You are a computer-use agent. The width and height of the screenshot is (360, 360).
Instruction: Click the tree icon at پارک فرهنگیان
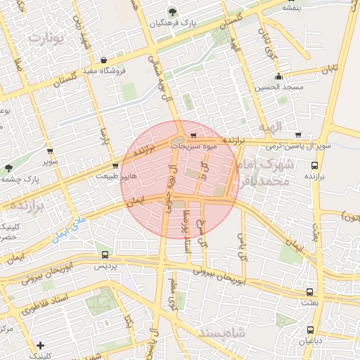tap(173, 11)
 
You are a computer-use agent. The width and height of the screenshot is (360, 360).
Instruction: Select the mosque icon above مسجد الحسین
tap(279, 76)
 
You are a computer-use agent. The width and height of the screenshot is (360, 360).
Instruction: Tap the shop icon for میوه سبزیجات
tap(193, 136)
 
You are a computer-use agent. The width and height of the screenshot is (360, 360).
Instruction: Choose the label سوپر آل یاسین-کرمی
tap(298, 146)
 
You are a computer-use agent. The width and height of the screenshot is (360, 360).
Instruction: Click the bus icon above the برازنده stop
tap(314, 167)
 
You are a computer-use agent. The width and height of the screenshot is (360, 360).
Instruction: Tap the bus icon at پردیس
tap(105, 255)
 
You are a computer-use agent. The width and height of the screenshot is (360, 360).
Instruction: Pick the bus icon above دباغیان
tap(310, 330)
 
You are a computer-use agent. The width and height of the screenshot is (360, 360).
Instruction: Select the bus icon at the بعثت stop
tap(309, 291)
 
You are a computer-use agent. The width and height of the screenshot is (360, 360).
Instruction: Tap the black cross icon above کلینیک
tap(41, 345)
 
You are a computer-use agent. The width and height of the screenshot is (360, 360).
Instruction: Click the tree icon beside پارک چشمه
tap(8, 167)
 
